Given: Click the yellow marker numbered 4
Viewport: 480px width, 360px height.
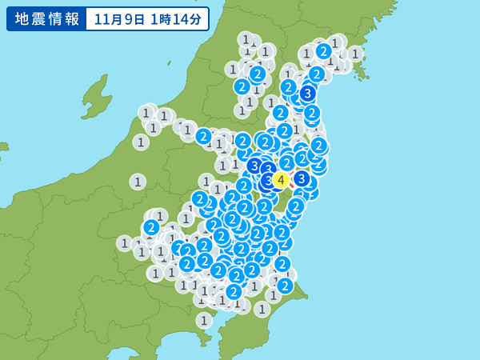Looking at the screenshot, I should coord(281,180).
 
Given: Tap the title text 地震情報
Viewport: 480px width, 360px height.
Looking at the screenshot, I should coord(46,18).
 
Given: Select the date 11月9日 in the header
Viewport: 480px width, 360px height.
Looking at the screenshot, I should coord(119,18).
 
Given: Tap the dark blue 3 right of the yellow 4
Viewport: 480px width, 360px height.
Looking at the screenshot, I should coord(302,178).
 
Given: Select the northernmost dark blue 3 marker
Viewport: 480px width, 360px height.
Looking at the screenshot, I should coord(307,94).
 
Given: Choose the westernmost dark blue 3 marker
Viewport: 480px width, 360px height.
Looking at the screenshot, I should coord(254,166).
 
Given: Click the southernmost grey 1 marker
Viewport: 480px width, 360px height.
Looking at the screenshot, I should coord(204,320).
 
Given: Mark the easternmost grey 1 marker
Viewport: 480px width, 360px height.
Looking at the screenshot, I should coord(355,54).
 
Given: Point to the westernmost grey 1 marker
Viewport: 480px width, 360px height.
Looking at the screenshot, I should coord(124,242).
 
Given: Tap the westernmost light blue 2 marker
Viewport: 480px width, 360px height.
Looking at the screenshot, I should coord(151,227).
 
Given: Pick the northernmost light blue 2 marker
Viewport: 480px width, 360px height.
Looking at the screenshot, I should coord(323,51).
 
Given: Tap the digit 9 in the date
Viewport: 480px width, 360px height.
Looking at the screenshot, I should coord(125,18).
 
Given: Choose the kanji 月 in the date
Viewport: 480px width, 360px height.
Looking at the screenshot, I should coord(113,18).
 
